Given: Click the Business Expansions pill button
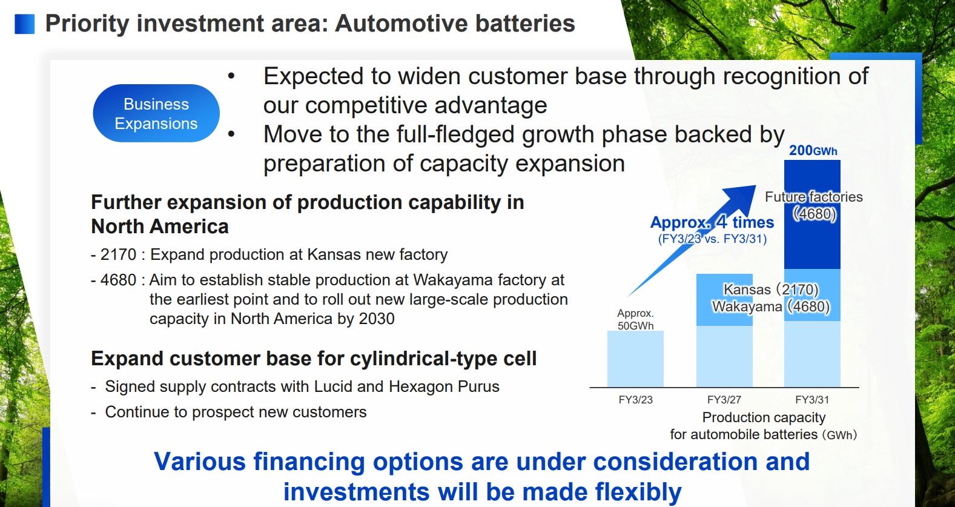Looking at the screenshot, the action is (156, 113).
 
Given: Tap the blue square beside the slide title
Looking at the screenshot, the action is (25, 24).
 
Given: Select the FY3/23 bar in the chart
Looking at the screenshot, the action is (635, 359).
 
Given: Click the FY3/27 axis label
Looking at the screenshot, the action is (724, 400).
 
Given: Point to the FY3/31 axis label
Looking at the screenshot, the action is (812, 400).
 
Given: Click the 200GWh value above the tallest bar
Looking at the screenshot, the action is (813, 150).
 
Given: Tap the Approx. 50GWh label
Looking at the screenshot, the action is (635, 319).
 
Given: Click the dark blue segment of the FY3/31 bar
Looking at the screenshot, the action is (812, 214).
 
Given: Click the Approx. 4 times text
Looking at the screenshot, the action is (712, 222).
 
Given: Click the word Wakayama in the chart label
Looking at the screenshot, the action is (747, 307).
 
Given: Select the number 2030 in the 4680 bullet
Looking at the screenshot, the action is (377, 319).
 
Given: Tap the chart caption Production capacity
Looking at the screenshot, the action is (764, 417).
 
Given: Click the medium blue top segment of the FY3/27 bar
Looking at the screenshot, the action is (724, 300).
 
